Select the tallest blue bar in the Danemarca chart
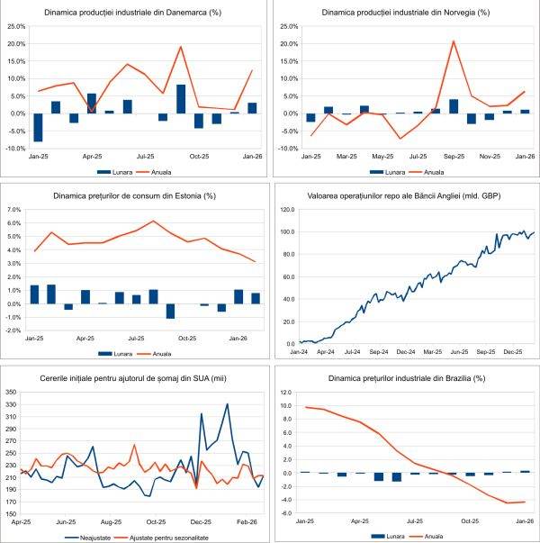181,98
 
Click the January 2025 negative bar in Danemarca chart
38,127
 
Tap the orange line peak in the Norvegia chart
454,41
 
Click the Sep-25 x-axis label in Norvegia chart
454,156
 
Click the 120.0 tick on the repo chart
288,210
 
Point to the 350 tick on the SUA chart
13,392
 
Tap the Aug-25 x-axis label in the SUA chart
111,521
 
